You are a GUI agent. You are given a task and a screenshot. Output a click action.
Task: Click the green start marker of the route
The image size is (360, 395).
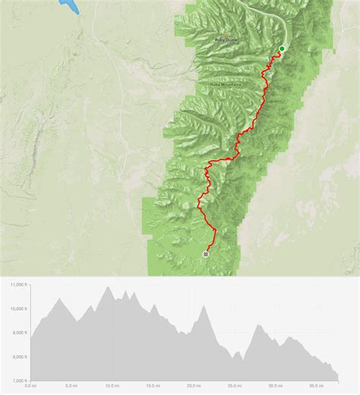point(282,49)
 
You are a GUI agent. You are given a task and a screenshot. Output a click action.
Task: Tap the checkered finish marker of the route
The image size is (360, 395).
point(206,254)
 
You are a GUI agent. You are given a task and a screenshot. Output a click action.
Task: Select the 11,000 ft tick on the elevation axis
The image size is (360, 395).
point(18,284)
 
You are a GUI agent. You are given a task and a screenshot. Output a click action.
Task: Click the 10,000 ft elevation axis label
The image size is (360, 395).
point(18,308)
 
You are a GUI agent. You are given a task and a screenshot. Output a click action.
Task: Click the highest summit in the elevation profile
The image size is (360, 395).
point(109,287)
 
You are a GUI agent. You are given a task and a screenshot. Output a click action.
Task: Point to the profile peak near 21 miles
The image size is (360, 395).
point(203,306)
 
